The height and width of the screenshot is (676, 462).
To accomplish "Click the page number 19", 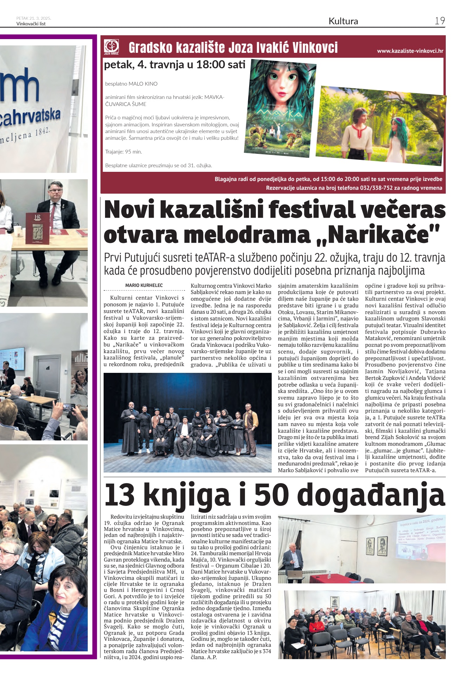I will (x=439, y=21).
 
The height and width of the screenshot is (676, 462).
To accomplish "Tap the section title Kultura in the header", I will (x=343, y=21).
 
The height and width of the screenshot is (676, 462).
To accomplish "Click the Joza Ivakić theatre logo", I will (x=111, y=47).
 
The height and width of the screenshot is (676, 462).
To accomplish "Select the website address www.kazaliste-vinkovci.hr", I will (x=410, y=51).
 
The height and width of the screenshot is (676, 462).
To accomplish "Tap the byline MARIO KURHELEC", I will (x=144, y=285).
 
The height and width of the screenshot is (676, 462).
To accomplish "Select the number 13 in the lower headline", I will (x=119, y=495).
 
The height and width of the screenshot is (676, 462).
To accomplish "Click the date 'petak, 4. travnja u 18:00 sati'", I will (x=174, y=65).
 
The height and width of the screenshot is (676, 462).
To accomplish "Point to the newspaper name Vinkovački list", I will (x=31, y=24).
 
